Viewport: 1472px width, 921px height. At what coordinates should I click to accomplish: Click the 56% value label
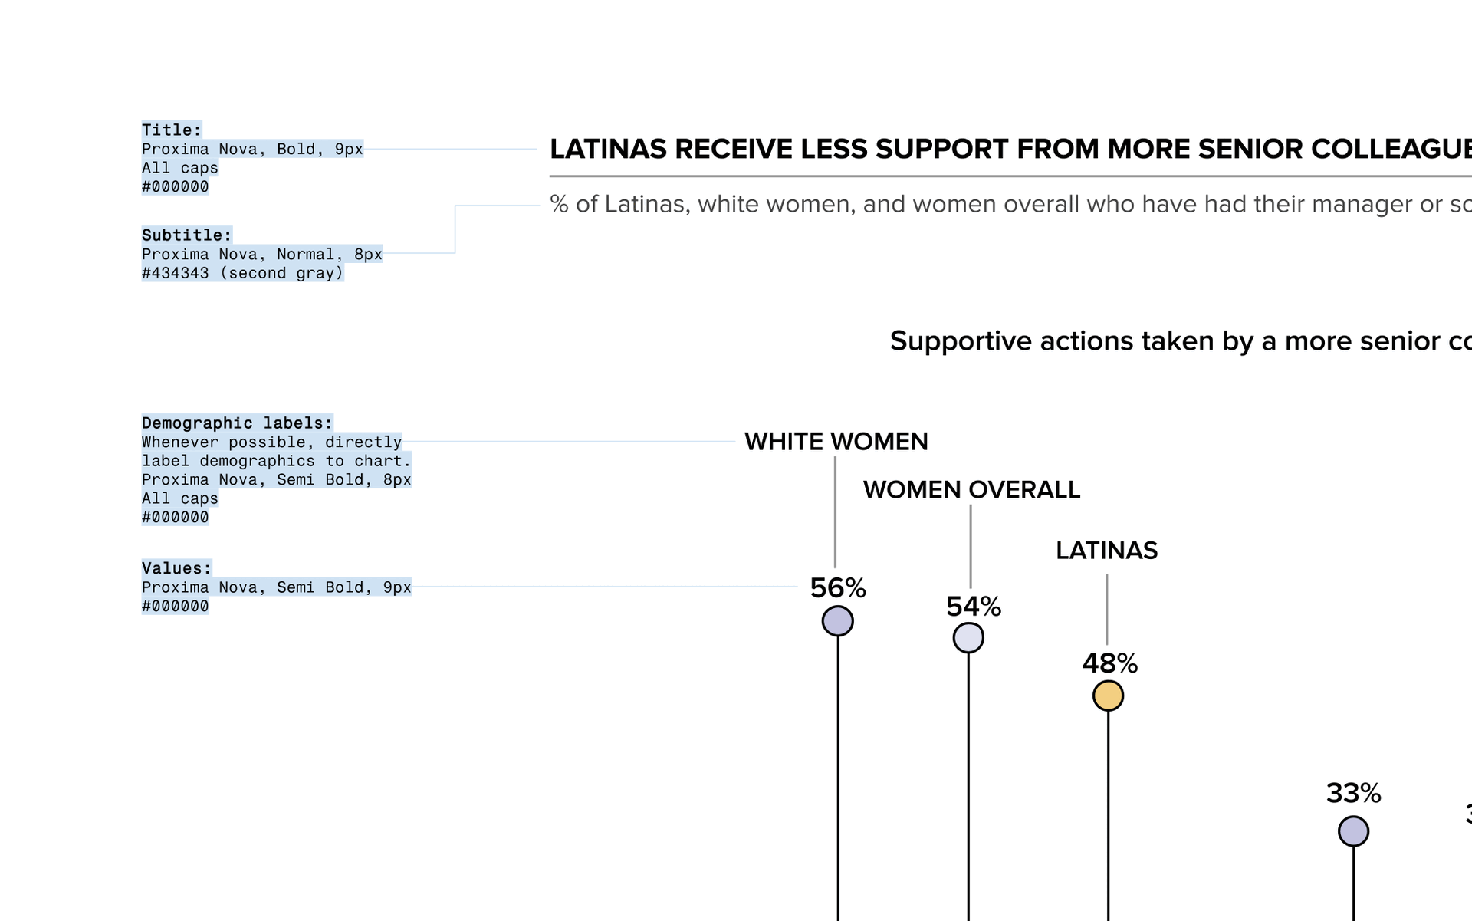click(x=838, y=588)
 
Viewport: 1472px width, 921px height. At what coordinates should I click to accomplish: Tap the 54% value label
click(x=974, y=607)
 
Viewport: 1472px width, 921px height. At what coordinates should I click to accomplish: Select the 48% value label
click(x=1109, y=663)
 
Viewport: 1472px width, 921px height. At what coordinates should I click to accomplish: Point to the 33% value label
click(x=1353, y=793)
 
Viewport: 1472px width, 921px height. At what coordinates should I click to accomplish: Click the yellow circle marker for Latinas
click(x=1108, y=696)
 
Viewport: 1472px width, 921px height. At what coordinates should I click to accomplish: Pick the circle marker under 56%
click(x=838, y=621)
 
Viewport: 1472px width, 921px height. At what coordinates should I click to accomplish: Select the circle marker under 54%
click(x=968, y=638)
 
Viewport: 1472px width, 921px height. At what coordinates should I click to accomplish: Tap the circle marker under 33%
click(x=1353, y=831)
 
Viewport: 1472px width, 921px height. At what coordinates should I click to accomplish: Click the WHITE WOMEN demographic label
click(x=836, y=442)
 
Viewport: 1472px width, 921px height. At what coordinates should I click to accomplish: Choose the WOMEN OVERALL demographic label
click(x=971, y=490)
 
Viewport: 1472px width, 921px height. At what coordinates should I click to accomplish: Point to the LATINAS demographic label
click(x=1106, y=551)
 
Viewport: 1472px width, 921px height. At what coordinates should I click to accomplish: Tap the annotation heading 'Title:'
click(x=172, y=130)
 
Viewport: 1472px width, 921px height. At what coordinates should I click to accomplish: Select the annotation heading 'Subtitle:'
click(x=186, y=235)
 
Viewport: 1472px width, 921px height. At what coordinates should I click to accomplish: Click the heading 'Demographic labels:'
click(x=237, y=423)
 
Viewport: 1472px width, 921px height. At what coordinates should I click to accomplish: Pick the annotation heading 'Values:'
click(x=176, y=568)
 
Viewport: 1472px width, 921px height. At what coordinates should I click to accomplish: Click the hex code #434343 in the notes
click(x=175, y=274)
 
